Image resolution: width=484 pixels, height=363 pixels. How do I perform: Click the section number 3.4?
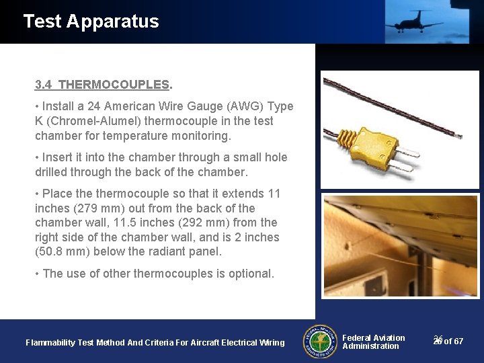click(44, 85)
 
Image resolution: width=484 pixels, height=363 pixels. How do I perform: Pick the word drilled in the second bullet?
click(52, 172)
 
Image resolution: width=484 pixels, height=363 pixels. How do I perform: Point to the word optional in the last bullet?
click(251, 274)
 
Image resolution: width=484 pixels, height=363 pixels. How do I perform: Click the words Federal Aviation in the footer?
click(374, 337)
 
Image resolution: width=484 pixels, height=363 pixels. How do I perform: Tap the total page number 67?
click(458, 341)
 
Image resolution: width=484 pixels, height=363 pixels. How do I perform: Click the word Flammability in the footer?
click(50, 343)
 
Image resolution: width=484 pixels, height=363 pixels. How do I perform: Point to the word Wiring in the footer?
click(271, 343)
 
